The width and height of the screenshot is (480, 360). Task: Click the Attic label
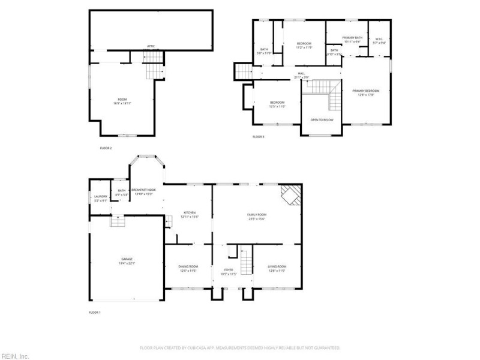point(151,46)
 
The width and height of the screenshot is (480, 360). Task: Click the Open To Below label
point(322,120)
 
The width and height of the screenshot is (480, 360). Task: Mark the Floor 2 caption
point(106,148)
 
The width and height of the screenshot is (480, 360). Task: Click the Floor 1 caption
point(95,313)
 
